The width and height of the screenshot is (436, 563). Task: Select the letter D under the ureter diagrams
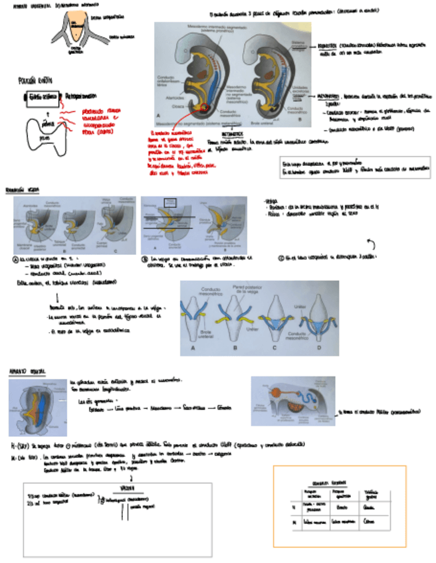(x=318, y=347)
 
